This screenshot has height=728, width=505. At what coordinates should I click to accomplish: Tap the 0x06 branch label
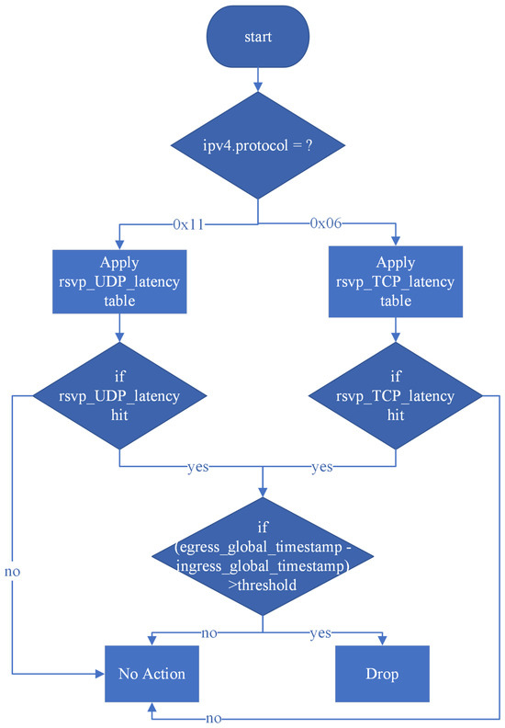tap(326, 223)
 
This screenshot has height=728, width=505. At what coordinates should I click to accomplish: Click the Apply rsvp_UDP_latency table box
tap(121, 281)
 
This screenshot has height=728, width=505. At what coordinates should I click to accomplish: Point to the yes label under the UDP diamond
tap(196, 467)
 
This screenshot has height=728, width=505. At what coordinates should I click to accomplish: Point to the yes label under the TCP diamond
tap(321, 467)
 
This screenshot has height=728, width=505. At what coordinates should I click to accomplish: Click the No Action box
tap(151, 674)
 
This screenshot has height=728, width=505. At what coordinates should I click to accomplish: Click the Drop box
tap(382, 674)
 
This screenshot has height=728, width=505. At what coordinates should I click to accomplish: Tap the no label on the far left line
tap(13, 571)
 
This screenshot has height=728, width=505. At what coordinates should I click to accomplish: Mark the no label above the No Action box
tap(208, 633)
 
